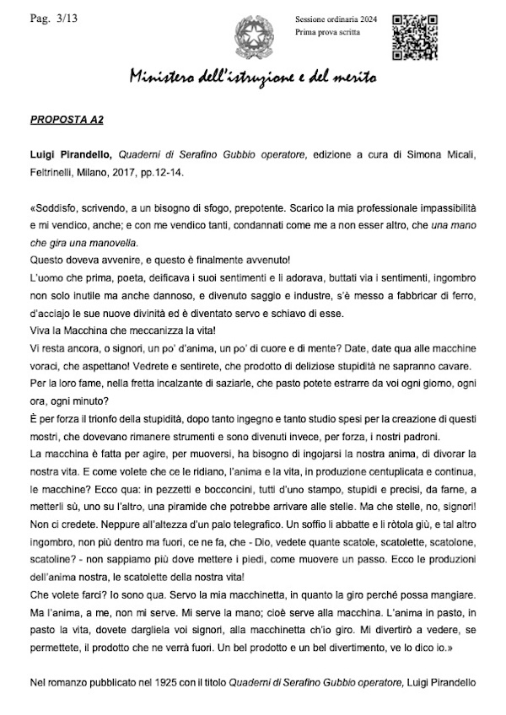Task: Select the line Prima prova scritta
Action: click(326, 32)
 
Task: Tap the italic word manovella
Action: click(112, 241)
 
